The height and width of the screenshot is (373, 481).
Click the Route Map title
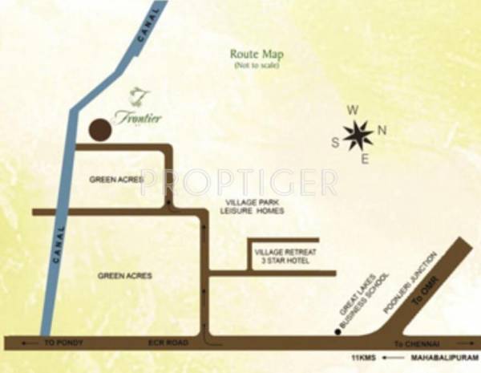(257, 54)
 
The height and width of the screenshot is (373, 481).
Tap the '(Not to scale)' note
(257, 65)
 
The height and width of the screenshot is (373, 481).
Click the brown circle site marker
(99, 130)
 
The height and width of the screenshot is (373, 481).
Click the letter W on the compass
(350, 111)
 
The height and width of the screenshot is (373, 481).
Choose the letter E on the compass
(365, 159)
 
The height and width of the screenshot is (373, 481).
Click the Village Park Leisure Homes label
(252, 206)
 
